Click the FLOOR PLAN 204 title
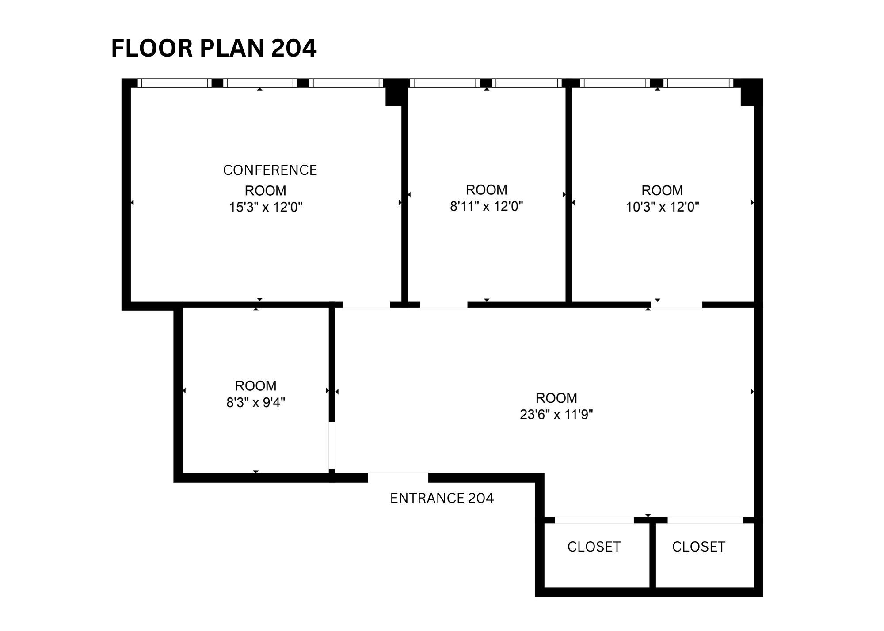[213, 48]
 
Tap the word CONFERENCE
[270, 170]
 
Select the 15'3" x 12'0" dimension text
[266, 207]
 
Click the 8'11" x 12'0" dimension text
[486, 206]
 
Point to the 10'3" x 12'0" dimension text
[662, 207]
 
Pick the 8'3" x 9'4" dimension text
[255, 402]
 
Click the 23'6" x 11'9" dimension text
[556, 414]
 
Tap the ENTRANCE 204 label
[442, 498]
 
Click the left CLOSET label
[594, 547]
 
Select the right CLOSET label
[698, 547]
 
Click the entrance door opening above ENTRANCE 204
[398, 477]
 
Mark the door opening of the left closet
[594, 520]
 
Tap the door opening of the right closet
[705, 520]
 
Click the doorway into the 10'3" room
[676, 305]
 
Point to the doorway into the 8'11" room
[443, 305]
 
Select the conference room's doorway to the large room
[366, 305]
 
